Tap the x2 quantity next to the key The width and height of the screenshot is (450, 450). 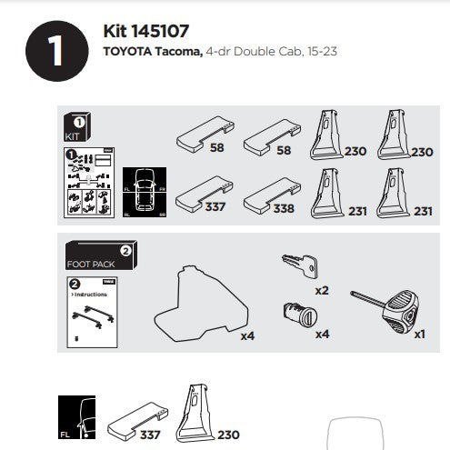coord(322,291)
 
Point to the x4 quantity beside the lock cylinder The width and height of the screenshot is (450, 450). coord(322,335)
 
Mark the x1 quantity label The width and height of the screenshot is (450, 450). coord(419,335)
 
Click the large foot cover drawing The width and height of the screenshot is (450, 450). coord(204,301)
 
